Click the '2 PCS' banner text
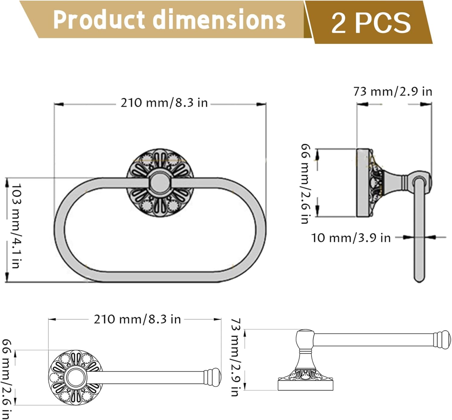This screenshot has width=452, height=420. click(x=371, y=23)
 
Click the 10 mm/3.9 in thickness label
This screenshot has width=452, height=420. click(x=351, y=238)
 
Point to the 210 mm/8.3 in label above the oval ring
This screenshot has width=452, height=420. click(x=164, y=103)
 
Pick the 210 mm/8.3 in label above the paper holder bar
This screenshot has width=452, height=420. click(x=137, y=319)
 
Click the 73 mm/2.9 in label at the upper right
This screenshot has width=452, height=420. click(x=393, y=91)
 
